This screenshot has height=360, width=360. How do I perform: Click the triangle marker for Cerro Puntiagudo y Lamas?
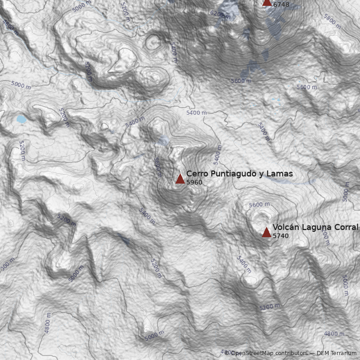coord(180,179)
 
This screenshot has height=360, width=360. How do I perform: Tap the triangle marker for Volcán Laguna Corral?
coord(266,232)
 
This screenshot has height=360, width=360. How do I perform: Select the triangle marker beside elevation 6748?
coord(267,2)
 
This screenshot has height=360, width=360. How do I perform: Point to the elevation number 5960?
coord(194,183)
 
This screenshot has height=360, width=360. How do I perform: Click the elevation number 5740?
coord(280,236)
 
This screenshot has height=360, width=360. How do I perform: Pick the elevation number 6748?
coord(281,5)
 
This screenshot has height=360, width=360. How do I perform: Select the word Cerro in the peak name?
coord(196,174)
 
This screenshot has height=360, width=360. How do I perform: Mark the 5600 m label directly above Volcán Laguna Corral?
coord(259,205)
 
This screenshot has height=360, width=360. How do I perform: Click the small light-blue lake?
coord(22,119)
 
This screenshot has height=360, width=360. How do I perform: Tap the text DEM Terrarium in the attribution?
coord(337,353)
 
